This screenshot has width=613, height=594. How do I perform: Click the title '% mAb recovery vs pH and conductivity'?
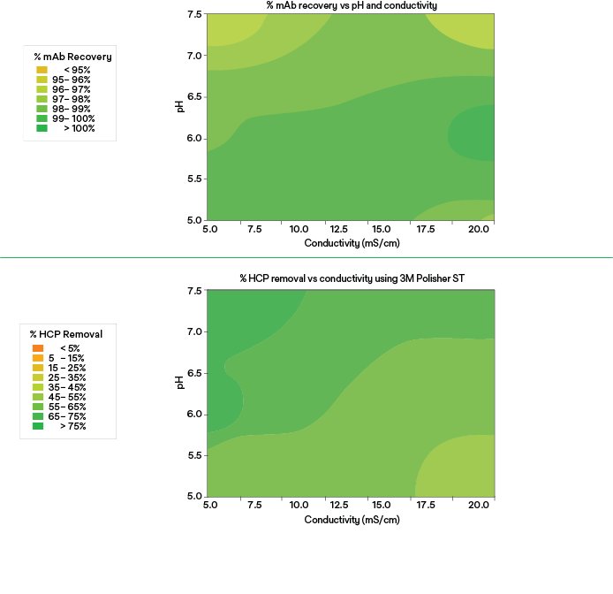click(352, 5)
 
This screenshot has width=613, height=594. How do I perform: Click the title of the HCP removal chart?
click(352, 278)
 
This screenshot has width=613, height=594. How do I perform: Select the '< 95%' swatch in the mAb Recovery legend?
click(42, 69)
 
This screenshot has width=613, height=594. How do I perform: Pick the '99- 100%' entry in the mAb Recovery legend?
click(42, 118)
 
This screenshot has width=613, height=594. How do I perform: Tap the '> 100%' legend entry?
click(42, 128)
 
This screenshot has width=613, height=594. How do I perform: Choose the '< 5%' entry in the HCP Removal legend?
click(38, 348)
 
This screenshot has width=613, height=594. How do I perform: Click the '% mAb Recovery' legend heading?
click(72, 57)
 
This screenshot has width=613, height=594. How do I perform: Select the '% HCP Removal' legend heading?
click(66, 334)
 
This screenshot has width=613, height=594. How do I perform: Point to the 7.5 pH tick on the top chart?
click(194, 15)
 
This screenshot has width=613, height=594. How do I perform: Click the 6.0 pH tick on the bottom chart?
click(194, 415)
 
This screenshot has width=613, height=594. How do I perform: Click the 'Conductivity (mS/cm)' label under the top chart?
click(352, 242)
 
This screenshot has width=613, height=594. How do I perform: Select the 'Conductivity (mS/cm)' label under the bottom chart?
click(352, 520)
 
